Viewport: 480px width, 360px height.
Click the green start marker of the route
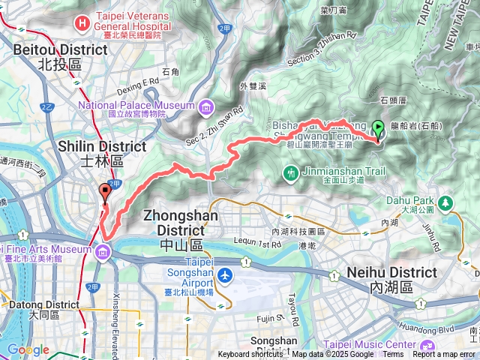pos(378,129)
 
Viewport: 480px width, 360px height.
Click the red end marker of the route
pos(105,193)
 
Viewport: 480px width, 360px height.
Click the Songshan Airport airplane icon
pos(223,275)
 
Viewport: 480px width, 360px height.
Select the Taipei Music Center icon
pos(427,346)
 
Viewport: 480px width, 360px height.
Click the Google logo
pos(28,349)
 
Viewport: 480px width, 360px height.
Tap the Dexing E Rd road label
pos(138,81)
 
